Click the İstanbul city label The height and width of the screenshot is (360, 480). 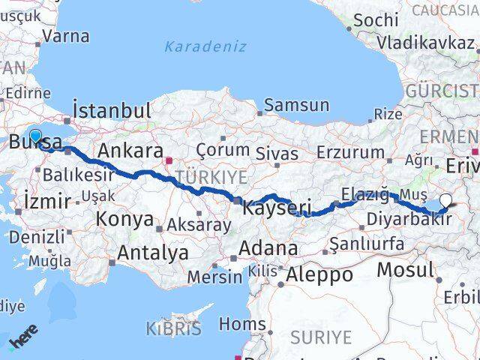click(112, 111)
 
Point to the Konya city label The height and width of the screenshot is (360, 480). click(124, 220)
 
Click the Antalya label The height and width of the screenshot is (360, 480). click(153, 253)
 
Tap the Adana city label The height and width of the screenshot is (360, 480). click(268, 248)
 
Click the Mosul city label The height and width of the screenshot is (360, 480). click(406, 269)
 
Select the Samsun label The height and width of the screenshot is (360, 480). click(296, 105)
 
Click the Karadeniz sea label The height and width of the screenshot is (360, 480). click(205, 46)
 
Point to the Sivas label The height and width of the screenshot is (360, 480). click(277, 155)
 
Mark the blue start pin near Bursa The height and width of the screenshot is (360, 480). click(34, 136)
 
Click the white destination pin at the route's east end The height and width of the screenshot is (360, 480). click(447, 200)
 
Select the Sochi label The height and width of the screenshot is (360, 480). click(375, 20)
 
